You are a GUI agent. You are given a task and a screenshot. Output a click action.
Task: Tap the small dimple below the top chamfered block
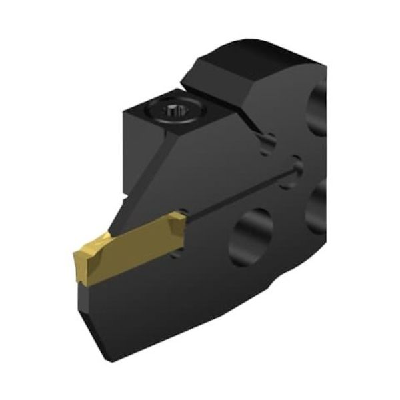coord(268,141)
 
